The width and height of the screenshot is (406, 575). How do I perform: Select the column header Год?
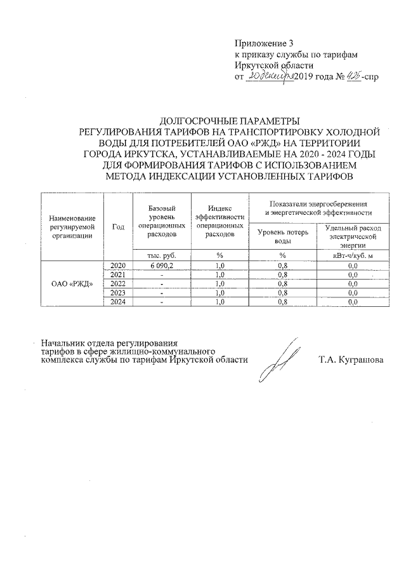pyautogui.click(x=118, y=226)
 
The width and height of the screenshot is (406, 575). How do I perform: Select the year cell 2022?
pyautogui.click(x=118, y=283)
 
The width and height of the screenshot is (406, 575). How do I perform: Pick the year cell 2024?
pyautogui.click(x=118, y=302)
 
